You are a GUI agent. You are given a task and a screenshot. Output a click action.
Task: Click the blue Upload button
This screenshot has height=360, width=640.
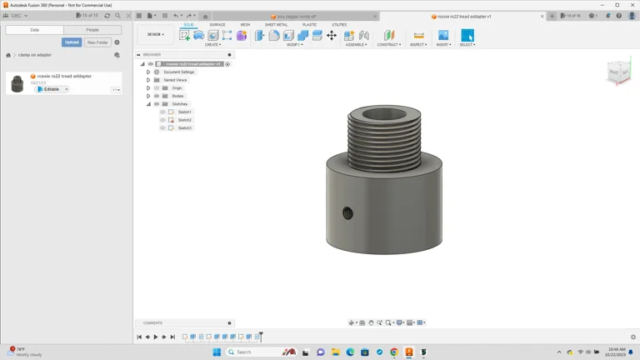[72, 42]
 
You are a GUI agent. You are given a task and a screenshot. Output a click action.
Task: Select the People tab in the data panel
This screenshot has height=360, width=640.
[92, 30]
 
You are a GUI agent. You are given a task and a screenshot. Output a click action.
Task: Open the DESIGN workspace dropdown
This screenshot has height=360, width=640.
[156, 34]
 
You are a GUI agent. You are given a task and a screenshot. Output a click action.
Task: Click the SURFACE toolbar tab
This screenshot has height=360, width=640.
[217, 25]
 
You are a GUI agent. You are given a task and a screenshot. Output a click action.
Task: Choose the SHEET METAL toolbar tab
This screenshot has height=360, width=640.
[276, 25]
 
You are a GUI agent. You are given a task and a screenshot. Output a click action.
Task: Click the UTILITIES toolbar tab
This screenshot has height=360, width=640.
[339, 25]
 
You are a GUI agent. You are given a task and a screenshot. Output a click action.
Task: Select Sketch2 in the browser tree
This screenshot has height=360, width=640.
[185, 120]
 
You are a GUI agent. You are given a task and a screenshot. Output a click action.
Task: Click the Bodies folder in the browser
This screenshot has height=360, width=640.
[177, 96]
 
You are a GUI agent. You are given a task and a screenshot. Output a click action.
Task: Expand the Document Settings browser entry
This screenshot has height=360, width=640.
[148, 72]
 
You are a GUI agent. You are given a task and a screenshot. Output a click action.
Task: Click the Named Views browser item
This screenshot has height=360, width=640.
[175, 80]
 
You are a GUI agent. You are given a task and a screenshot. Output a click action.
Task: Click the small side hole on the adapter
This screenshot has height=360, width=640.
[347, 214]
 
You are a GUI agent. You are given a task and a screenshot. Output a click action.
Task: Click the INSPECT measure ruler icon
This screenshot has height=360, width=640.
[418, 35]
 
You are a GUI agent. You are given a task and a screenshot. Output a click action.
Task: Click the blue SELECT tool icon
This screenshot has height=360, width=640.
[467, 35]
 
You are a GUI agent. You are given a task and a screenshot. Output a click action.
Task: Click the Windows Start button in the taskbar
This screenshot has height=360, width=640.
[217, 352]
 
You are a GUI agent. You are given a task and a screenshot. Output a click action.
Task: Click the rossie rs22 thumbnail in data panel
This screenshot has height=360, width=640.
[17, 83]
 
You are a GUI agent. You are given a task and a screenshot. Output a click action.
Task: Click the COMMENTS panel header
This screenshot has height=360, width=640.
[153, 323]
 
